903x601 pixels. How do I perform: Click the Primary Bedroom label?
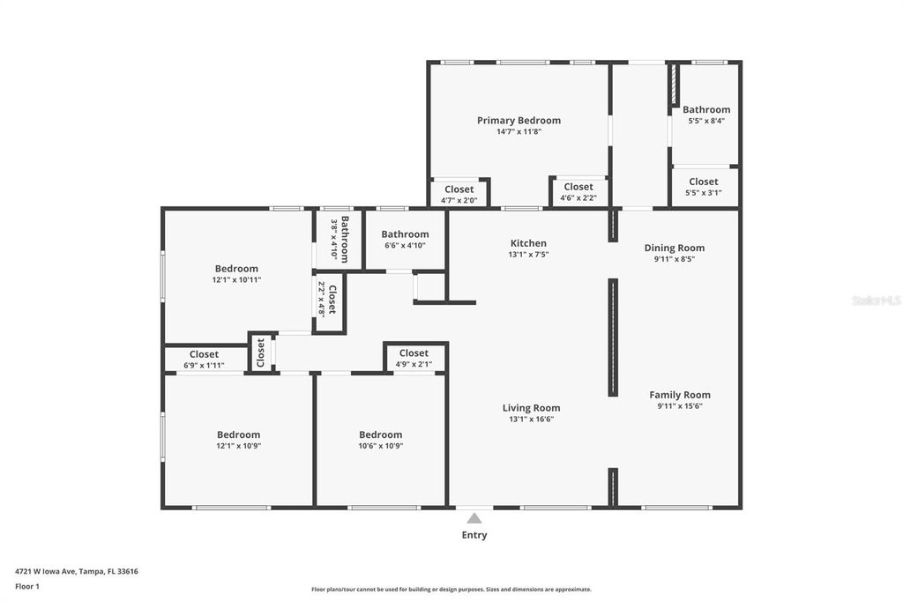pos(519,121)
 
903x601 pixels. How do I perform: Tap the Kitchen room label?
pos(528,243)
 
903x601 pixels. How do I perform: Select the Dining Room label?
pos(674,248)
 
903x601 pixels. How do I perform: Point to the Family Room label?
pos(679,395)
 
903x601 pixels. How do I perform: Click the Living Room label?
pos(531,408)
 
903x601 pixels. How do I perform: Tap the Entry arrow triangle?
pos(474,518)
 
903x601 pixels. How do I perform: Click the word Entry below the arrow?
pos(474,535)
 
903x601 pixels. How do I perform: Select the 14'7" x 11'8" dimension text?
pos(519,132)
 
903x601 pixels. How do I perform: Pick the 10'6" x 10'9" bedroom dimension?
pos(380,446)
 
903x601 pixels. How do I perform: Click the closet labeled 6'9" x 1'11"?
pos(204,360)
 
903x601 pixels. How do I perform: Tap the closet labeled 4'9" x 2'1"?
pos(414,358)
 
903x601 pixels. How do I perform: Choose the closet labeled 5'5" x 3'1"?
pos(704,187)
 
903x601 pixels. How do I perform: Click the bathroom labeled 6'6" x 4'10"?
pos(405,239)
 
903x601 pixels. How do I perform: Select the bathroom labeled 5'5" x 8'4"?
pos(706,115)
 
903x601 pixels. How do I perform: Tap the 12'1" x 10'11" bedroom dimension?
pos(236,280)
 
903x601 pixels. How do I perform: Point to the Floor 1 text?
pos(27,586)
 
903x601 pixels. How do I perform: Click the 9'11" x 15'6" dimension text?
pos(679,406)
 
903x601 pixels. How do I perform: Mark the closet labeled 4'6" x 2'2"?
pos(578,192)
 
